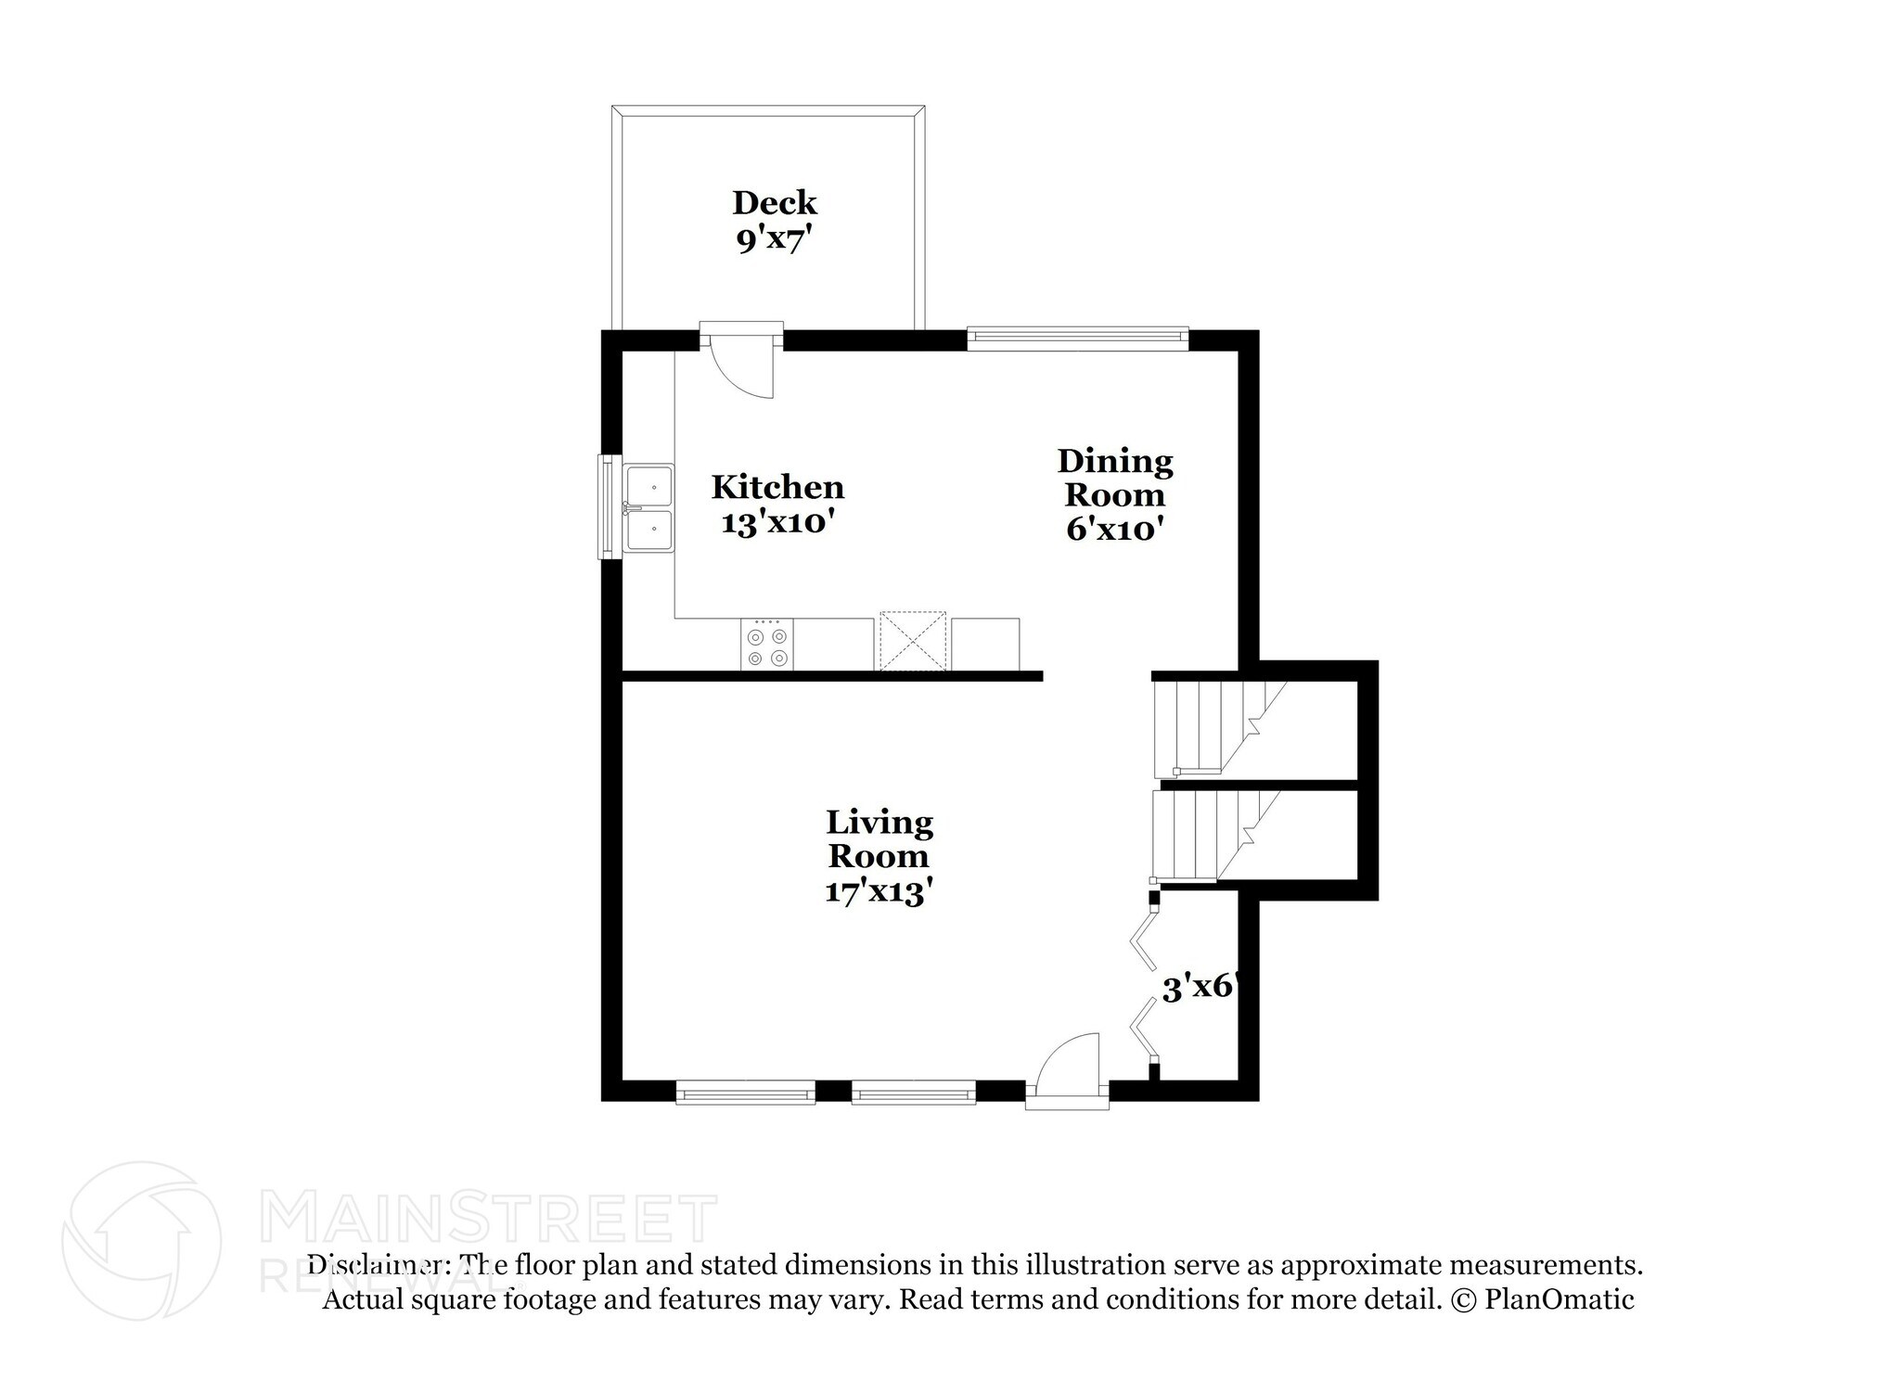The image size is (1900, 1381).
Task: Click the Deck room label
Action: tap(774, 202)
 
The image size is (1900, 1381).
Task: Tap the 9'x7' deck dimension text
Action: tap(774, 240)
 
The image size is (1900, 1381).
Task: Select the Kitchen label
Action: tap(777, 487)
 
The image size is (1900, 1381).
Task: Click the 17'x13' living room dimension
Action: tap(878, 891)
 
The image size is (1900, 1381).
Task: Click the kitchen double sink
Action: tap(648, 508)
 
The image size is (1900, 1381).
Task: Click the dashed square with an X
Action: tap(912, 641)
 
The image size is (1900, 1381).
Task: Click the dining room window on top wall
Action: tap(1077, 339)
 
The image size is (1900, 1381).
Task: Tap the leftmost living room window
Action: tap(745, 1092)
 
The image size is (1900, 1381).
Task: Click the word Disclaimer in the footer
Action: tap(377, 1265)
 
